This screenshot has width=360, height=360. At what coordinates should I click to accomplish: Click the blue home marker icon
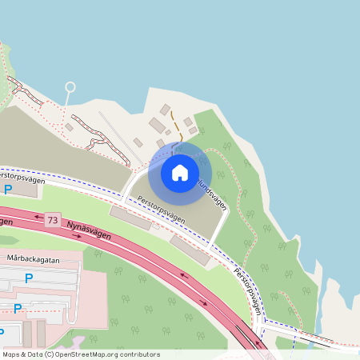(x=180, y=171)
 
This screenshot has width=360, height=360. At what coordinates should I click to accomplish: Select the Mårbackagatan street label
(x=33, y=259)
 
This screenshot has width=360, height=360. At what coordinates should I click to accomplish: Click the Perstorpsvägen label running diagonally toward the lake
(x=248, y=289)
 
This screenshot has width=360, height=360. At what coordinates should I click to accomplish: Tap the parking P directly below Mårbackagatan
(x=29, y=278)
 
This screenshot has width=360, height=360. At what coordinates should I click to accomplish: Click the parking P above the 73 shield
(x=8, y=190)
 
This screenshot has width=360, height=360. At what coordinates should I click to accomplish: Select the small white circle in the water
(x=70, y=86)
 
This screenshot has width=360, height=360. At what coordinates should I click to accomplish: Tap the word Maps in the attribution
(x=11, y=354)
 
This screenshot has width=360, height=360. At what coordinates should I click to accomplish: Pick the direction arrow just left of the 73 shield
(x=37, y=217)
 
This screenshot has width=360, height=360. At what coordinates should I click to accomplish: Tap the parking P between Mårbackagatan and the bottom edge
(x=17, y=308)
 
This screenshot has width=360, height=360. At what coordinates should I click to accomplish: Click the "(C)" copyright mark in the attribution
(x=50, y=354)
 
